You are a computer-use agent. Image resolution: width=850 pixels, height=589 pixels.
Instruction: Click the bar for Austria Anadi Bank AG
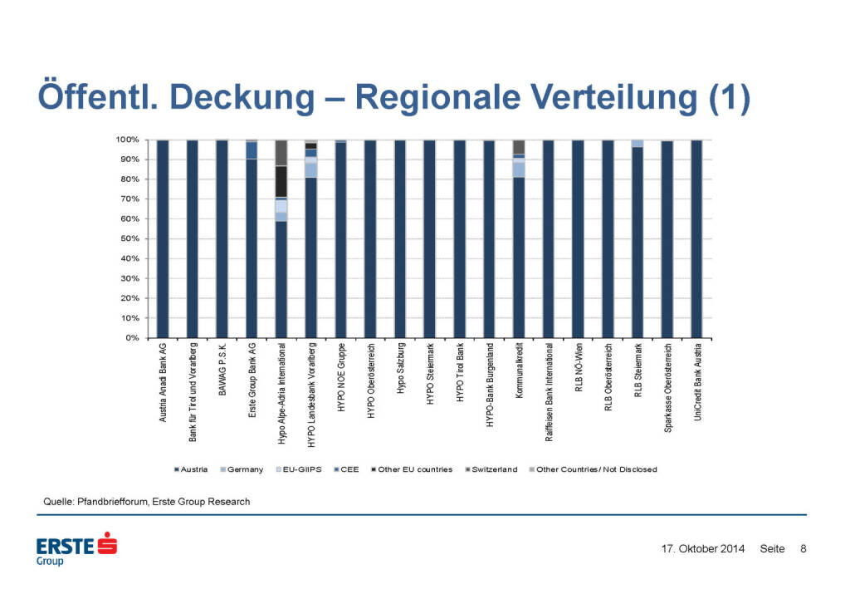tap(163, 239)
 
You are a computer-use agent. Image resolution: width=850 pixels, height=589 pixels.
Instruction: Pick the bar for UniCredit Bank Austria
tap(696, 239)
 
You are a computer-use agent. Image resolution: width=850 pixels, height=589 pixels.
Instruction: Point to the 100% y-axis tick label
tap(125, 140)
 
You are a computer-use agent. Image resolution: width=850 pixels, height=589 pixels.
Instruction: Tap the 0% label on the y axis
tap(129, 338)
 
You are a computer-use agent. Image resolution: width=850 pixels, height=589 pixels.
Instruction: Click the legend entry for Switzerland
tap(493, 469)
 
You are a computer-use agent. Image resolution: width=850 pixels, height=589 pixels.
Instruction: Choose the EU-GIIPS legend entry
tap(298, 469)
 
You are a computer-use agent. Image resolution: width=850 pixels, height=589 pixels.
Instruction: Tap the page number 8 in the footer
tap(803, 549)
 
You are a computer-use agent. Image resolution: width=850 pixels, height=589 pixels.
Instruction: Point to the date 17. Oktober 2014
tap(702, 549)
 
